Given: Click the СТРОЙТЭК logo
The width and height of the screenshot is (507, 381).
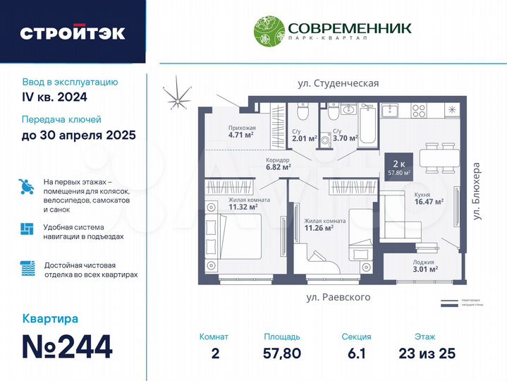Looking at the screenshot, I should [73, 32].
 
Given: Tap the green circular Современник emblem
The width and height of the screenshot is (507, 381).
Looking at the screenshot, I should [268, 31].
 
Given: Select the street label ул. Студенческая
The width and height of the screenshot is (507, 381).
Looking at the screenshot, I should [338, 83].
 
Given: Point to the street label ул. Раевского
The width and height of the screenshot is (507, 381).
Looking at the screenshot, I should [338, 297].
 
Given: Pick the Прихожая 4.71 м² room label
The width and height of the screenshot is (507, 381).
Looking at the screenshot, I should [241, 131].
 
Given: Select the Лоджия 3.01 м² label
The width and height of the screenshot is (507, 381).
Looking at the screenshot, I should [425, 265].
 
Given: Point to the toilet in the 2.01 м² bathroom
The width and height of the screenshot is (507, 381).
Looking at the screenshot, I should [302, 114].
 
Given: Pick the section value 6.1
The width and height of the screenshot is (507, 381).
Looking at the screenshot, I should [355, 352].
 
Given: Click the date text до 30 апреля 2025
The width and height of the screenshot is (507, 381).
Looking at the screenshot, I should [79, 135].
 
